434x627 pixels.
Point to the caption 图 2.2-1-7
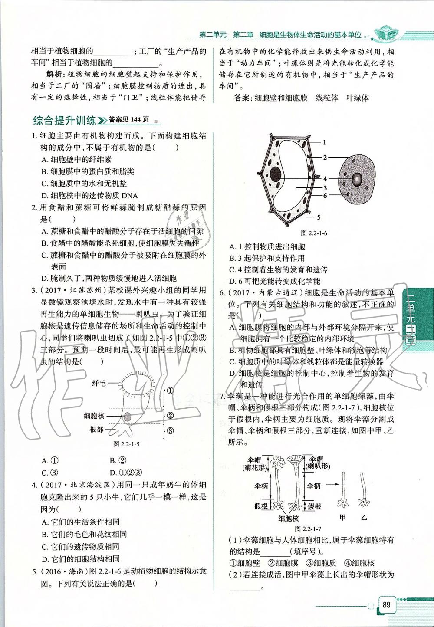pyautogui.click(x=308, y=529)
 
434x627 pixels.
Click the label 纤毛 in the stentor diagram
pyautogui.click(x=99, y=384)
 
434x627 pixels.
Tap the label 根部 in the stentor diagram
pyautogui.click(x=96, y=429)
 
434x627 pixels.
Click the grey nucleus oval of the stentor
pyautogui.click(x=128, y=417)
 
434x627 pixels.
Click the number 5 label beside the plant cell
pyautogui.click(x=319, y=217)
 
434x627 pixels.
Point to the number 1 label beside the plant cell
pyautogui.click(x=324, y=142)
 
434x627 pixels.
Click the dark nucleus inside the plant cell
pyautogui.click(x=275, y=175)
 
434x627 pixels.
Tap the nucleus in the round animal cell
pyautogui.click(x=357, y=179)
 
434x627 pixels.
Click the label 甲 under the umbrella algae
pyautogui.click(x=343, y=517)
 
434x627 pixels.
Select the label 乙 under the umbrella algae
pyautogui.click(x=364, y=517)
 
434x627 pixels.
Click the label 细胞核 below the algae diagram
pyautogui.click(x=289, y=518)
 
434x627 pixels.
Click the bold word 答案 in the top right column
pyautogui.click(x=242, y=98)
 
